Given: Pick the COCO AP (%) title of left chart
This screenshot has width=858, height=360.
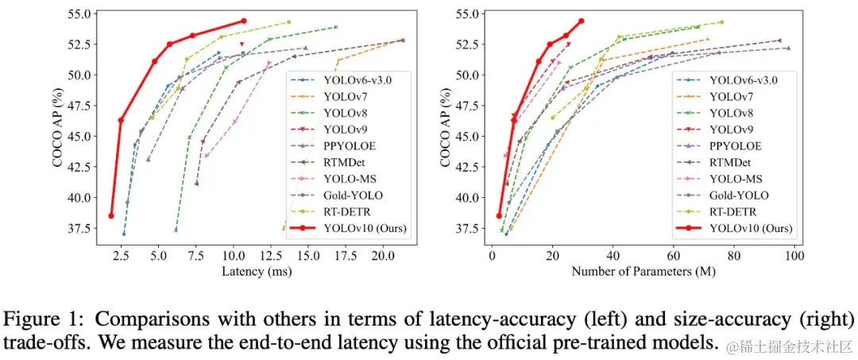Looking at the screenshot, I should click(x=58, y=122).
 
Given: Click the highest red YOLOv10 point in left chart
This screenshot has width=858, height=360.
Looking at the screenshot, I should click(x=243, y=21).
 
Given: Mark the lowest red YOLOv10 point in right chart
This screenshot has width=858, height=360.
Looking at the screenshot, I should click(x=499, y=215).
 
